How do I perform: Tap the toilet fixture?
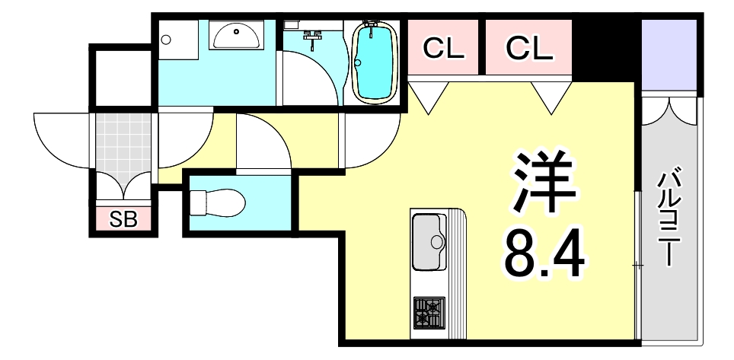click(x=219, y=202)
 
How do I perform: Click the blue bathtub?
click(x=373, y=62)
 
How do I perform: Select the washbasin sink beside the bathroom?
click(x=235, y=35)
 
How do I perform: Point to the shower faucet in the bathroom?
click(x=312, y=37)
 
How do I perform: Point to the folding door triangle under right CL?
click(x=551, y=95)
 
